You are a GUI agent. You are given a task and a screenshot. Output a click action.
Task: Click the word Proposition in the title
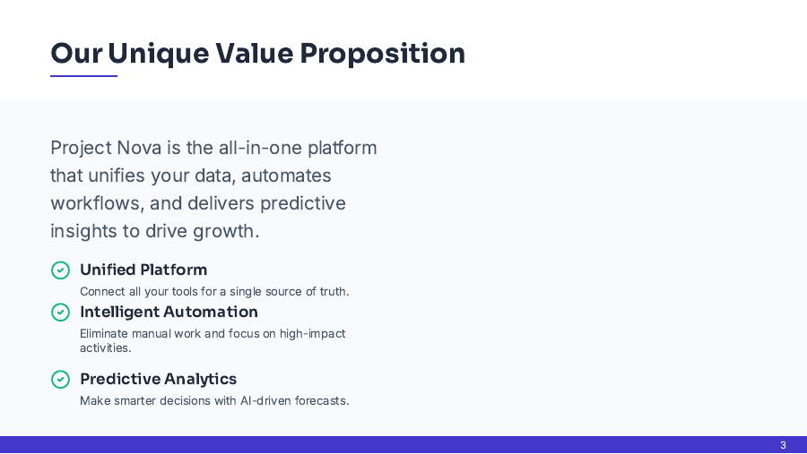(382, 54)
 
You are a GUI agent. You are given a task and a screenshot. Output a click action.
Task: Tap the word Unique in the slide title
(157, 54)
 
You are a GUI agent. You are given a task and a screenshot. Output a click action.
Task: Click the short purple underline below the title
(83, 76)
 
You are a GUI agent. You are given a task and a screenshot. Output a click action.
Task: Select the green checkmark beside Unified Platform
(60, 270)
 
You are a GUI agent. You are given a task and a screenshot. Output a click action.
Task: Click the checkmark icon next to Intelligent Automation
(60, 312)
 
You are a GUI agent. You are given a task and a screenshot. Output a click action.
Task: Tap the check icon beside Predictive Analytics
(60, 379)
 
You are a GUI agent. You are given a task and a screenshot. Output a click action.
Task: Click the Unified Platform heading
(143, 270)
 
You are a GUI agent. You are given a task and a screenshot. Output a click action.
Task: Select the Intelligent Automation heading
(169, 312)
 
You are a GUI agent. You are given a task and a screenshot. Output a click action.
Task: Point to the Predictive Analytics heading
(158, 379)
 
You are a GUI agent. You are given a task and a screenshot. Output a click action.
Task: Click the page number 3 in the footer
(783, 445)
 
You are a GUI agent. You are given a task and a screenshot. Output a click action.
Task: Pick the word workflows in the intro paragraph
(93, 203)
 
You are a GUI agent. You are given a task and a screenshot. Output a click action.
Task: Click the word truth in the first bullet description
(332, 292)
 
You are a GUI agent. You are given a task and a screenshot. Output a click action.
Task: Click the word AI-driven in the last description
(266, 401)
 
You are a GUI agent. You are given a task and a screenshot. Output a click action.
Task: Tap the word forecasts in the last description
(322, 401)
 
